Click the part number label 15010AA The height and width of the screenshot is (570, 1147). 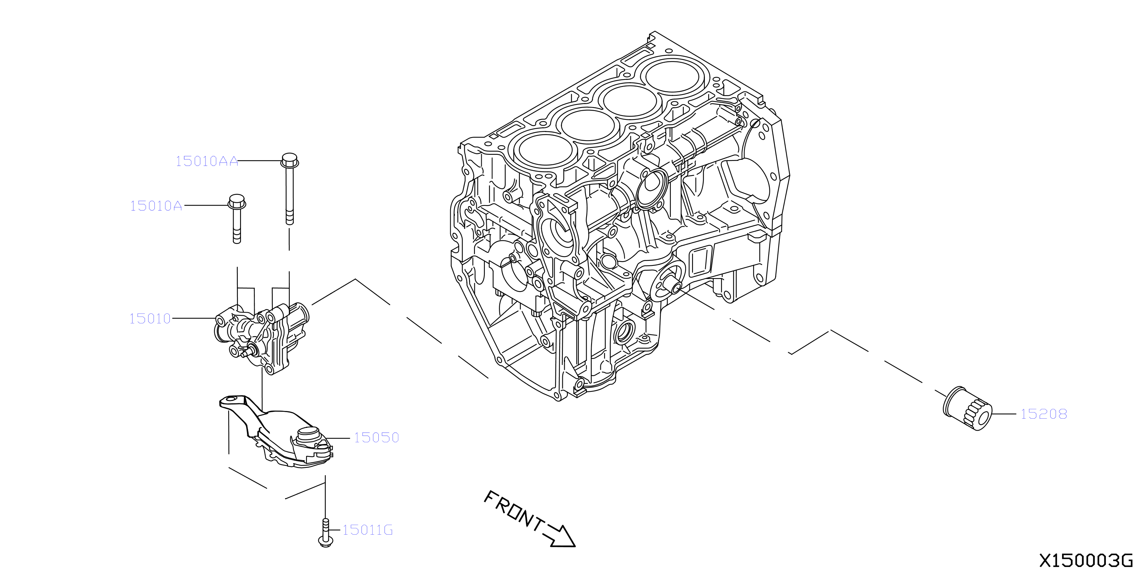click(x=207, y=161)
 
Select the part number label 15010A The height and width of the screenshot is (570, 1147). click(x=156, y=206)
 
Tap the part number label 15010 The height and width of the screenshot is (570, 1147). click(x=150, y=319)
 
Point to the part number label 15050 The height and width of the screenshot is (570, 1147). click(x=376, y=438)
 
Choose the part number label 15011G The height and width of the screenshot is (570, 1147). click(x=367, y=530)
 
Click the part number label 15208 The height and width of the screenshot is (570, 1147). click(x=1044, y=414)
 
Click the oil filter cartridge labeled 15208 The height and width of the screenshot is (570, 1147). click(x=968, y=408)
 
